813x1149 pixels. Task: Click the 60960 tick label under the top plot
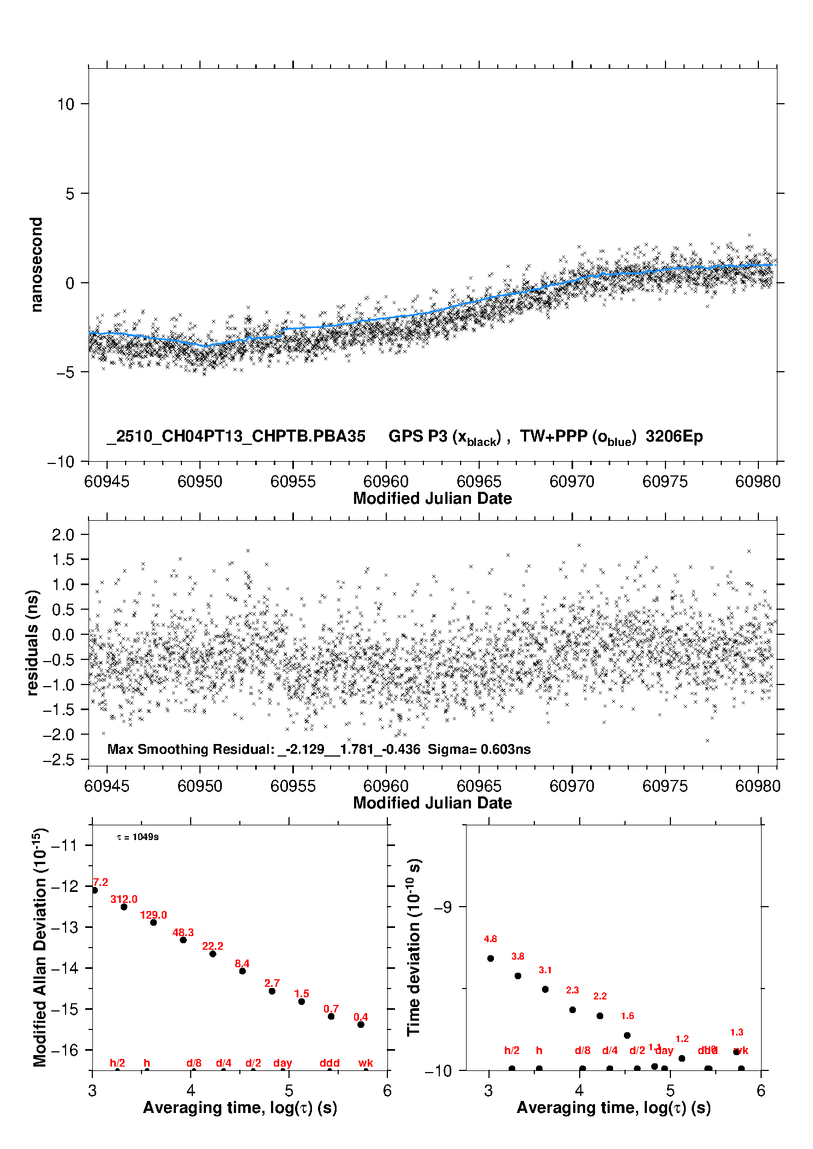(x=386, y=481)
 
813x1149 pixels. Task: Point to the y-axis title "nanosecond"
(x=36, y=265)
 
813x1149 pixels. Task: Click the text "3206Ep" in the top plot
(x=674, y=436)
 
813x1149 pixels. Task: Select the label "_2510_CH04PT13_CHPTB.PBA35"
(x=236, y=436)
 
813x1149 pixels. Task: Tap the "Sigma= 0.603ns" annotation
(x=479, y=749)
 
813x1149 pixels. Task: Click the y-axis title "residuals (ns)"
(x=33, y=643)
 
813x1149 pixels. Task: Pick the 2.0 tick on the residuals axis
(x=63, y=534)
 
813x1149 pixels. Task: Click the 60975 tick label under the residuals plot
(x=665, y=786)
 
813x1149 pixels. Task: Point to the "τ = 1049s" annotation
(x=138, y=837)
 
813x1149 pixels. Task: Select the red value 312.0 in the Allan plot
(x=124, y=899)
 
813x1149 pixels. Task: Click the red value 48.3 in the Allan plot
(x=183, y=932)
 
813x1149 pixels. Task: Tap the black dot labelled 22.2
(x=213, y=954)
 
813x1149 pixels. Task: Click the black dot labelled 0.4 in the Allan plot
(x=361, y=1025)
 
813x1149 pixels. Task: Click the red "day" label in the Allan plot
(x=282, y=1063)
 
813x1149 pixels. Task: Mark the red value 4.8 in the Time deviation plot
(x=490, y=939)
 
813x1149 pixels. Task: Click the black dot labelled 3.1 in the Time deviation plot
(x=545, y=989)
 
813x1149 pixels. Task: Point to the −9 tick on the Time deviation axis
(x=443, y=907)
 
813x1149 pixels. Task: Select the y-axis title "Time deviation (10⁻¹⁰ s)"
(x=414, y=947)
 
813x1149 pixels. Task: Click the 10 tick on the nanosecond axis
(x=66, y=104)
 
